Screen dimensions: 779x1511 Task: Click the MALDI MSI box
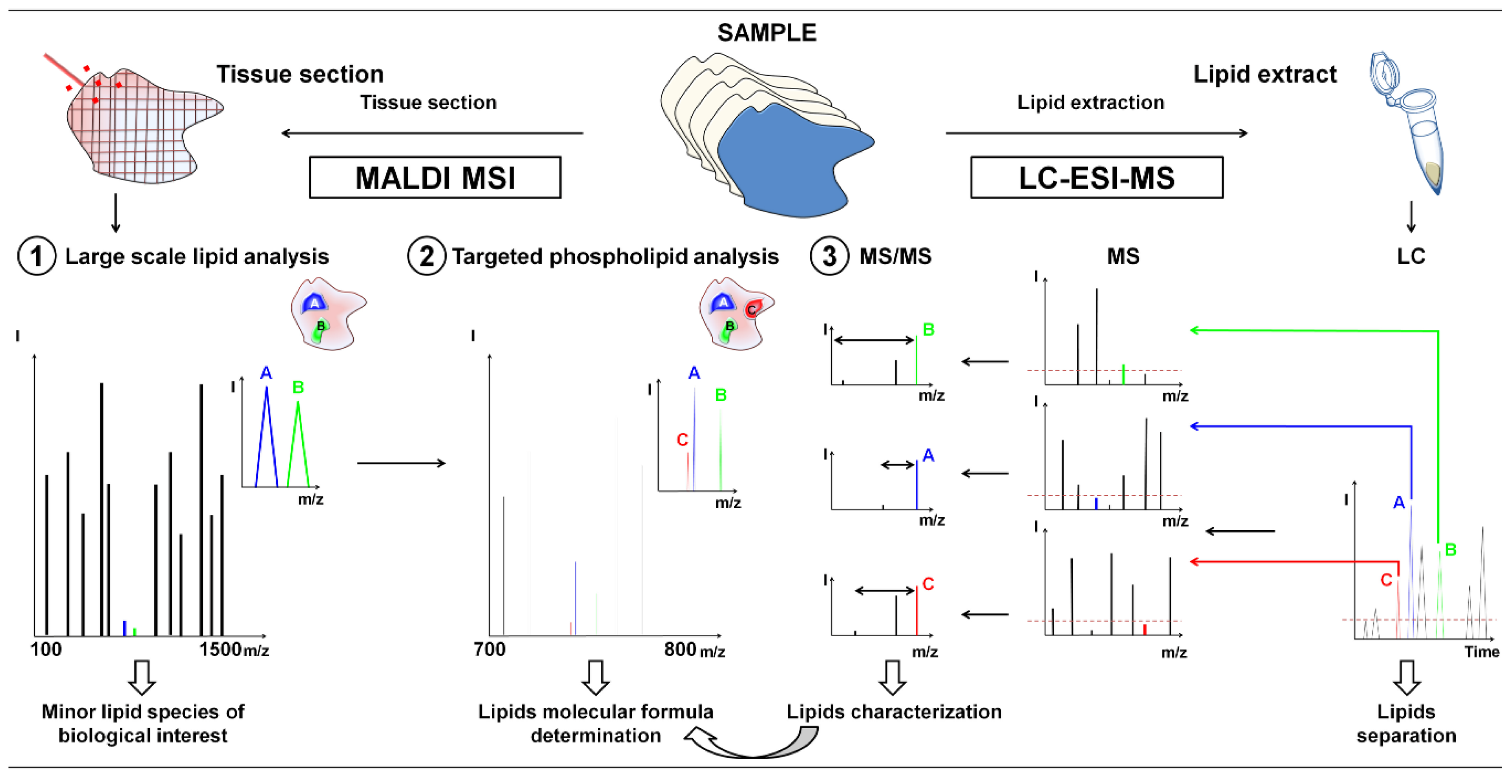pos(435,177)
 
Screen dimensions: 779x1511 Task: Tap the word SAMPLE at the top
pos(767,33)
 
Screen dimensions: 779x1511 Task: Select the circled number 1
pos(36,256)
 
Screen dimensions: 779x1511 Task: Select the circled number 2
pos(426,256)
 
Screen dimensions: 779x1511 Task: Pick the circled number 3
pos(829,256)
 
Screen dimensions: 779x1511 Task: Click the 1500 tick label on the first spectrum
pos(220,650)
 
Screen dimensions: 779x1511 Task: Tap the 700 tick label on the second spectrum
pos(489,650)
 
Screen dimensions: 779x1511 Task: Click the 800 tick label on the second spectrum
pos(680,650)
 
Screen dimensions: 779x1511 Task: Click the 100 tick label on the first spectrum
pos(46,650)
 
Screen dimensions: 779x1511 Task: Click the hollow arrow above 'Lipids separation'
pos(1407,677)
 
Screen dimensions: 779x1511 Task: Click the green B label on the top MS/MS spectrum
pos(928,330)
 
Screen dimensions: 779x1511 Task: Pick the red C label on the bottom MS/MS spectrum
pos(928,584)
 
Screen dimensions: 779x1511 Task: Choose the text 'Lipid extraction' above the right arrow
pos(1090,103)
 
